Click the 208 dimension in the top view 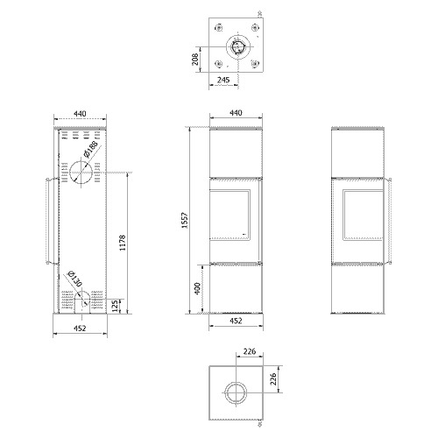[x=195, y=59]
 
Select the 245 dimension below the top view [x=223, y=80]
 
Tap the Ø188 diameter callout [x=90, y=149]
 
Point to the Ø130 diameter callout [x=74, y=279]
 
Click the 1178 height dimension [x=123, y=243]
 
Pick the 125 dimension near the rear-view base [x=116, y=306]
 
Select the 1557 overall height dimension [x=185, y=221]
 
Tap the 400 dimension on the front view [x=198, y=288]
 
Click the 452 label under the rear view [x=80, y=328]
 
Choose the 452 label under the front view [x=236, y=321]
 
